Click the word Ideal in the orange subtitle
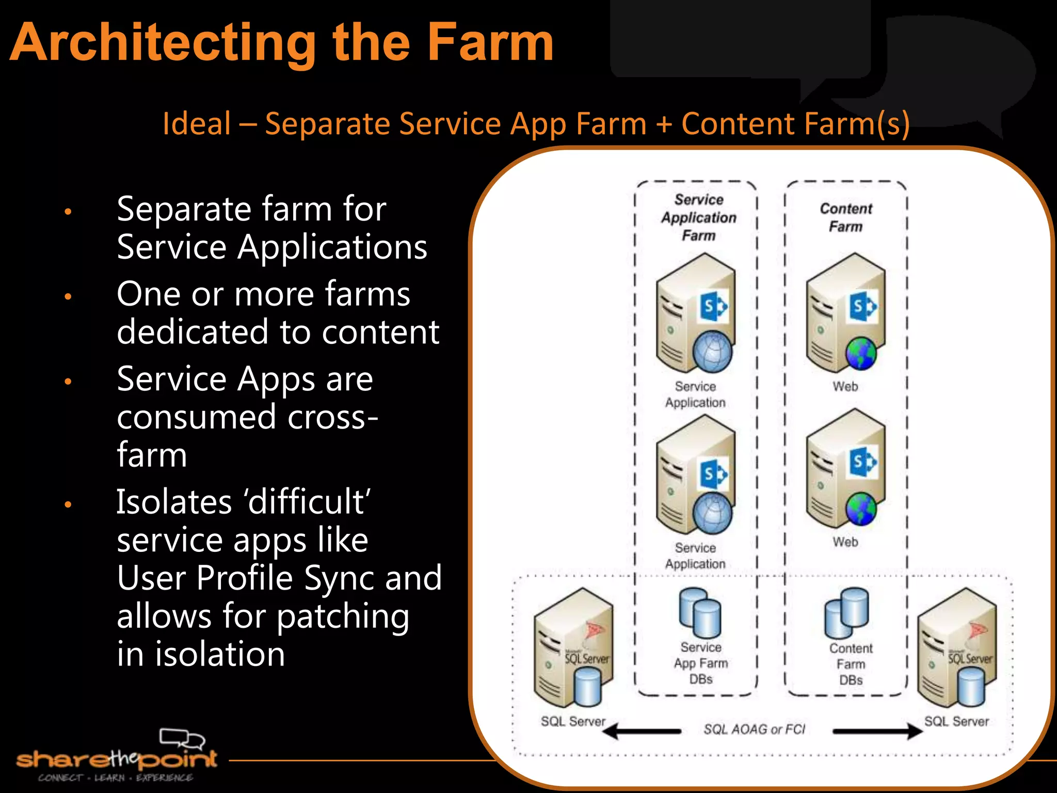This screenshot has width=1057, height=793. (x=197, y=124)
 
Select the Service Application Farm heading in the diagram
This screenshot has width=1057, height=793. (x=698, y=217)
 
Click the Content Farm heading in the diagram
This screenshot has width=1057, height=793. (x=846, y=217)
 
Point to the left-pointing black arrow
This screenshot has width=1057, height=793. (x=642, y=731)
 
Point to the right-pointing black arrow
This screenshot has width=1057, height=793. (x=877, y=731)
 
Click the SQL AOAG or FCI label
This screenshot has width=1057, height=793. (x=754, y=729)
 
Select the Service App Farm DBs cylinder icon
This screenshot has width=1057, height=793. (x=700, y=613)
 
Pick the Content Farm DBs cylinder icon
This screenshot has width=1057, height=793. (x=846, y=613)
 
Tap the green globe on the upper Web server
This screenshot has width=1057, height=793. (x=861, y=354)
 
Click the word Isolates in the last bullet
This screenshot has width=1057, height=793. (x=174, y=502)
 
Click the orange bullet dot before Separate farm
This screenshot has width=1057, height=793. (x=68, y=211)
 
